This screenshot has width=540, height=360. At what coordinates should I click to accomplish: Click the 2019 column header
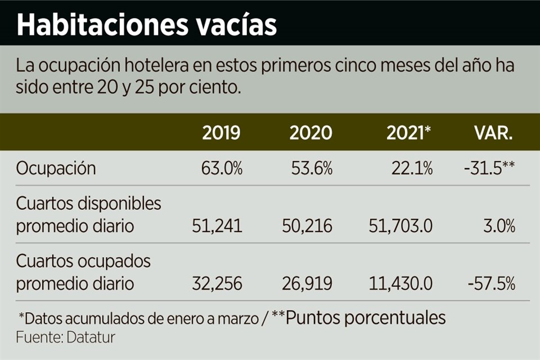[221, 133]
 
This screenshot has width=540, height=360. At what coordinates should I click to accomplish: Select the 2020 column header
[310, 133]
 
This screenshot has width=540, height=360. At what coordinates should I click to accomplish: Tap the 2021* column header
[409, 133]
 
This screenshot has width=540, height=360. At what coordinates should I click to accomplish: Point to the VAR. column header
[493, 133]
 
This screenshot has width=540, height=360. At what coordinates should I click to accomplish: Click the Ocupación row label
[56, 168]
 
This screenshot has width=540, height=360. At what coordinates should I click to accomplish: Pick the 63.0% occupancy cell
[222, 168]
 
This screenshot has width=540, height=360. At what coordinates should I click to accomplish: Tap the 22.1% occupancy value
[411, 168]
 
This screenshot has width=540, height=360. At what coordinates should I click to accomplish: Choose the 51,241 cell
[217, 226]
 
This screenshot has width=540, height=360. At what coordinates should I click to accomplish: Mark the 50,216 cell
[307, 226]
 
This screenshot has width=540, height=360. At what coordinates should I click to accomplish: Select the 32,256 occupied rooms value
[217, 283]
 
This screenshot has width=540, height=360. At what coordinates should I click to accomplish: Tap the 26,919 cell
[307, 283]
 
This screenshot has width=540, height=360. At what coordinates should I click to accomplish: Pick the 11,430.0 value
[400, 283]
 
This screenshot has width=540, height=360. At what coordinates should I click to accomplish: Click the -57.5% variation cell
[491, 283]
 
